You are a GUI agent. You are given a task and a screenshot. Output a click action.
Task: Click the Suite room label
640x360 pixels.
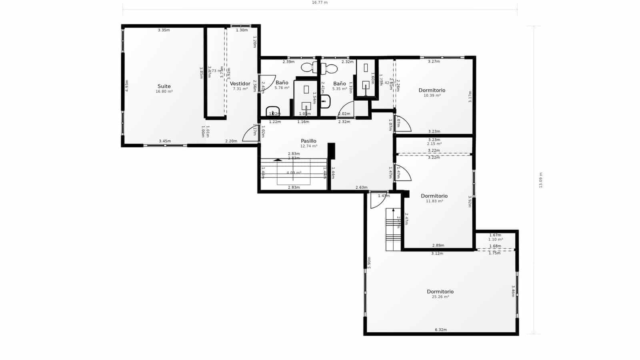[164, 86]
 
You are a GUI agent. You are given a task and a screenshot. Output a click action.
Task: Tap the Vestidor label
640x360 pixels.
[240, 84]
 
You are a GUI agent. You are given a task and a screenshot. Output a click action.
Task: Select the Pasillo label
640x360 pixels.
[308, 141]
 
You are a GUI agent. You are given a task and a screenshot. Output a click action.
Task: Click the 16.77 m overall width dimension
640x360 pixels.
[320, 2]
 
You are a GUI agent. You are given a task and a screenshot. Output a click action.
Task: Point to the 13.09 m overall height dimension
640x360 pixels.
[540, 180]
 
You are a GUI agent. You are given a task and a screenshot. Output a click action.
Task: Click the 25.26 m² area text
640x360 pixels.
[440, 297]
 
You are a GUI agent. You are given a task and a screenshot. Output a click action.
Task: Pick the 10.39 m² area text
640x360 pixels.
[432, 96]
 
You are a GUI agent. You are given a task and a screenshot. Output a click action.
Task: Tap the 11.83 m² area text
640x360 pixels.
[434, 201]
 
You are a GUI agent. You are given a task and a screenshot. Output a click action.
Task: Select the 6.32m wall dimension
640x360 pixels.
[440, 330]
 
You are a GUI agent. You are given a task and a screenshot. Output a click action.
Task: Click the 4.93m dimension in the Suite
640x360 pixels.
[127, 86]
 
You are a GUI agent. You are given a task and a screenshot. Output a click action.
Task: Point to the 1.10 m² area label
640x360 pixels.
[495, 240]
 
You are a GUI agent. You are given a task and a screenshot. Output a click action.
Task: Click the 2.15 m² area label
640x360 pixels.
[434, 144]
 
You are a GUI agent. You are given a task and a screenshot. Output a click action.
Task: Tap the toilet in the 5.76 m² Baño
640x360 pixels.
[308, 67]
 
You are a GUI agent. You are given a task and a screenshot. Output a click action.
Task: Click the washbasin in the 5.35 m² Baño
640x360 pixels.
[325, 102]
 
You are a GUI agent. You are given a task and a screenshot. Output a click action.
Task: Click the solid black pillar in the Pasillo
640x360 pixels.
[331, 151]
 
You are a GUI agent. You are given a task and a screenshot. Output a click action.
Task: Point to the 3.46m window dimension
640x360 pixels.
[513, 291]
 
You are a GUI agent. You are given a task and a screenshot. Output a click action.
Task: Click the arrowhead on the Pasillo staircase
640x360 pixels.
[278, 160]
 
